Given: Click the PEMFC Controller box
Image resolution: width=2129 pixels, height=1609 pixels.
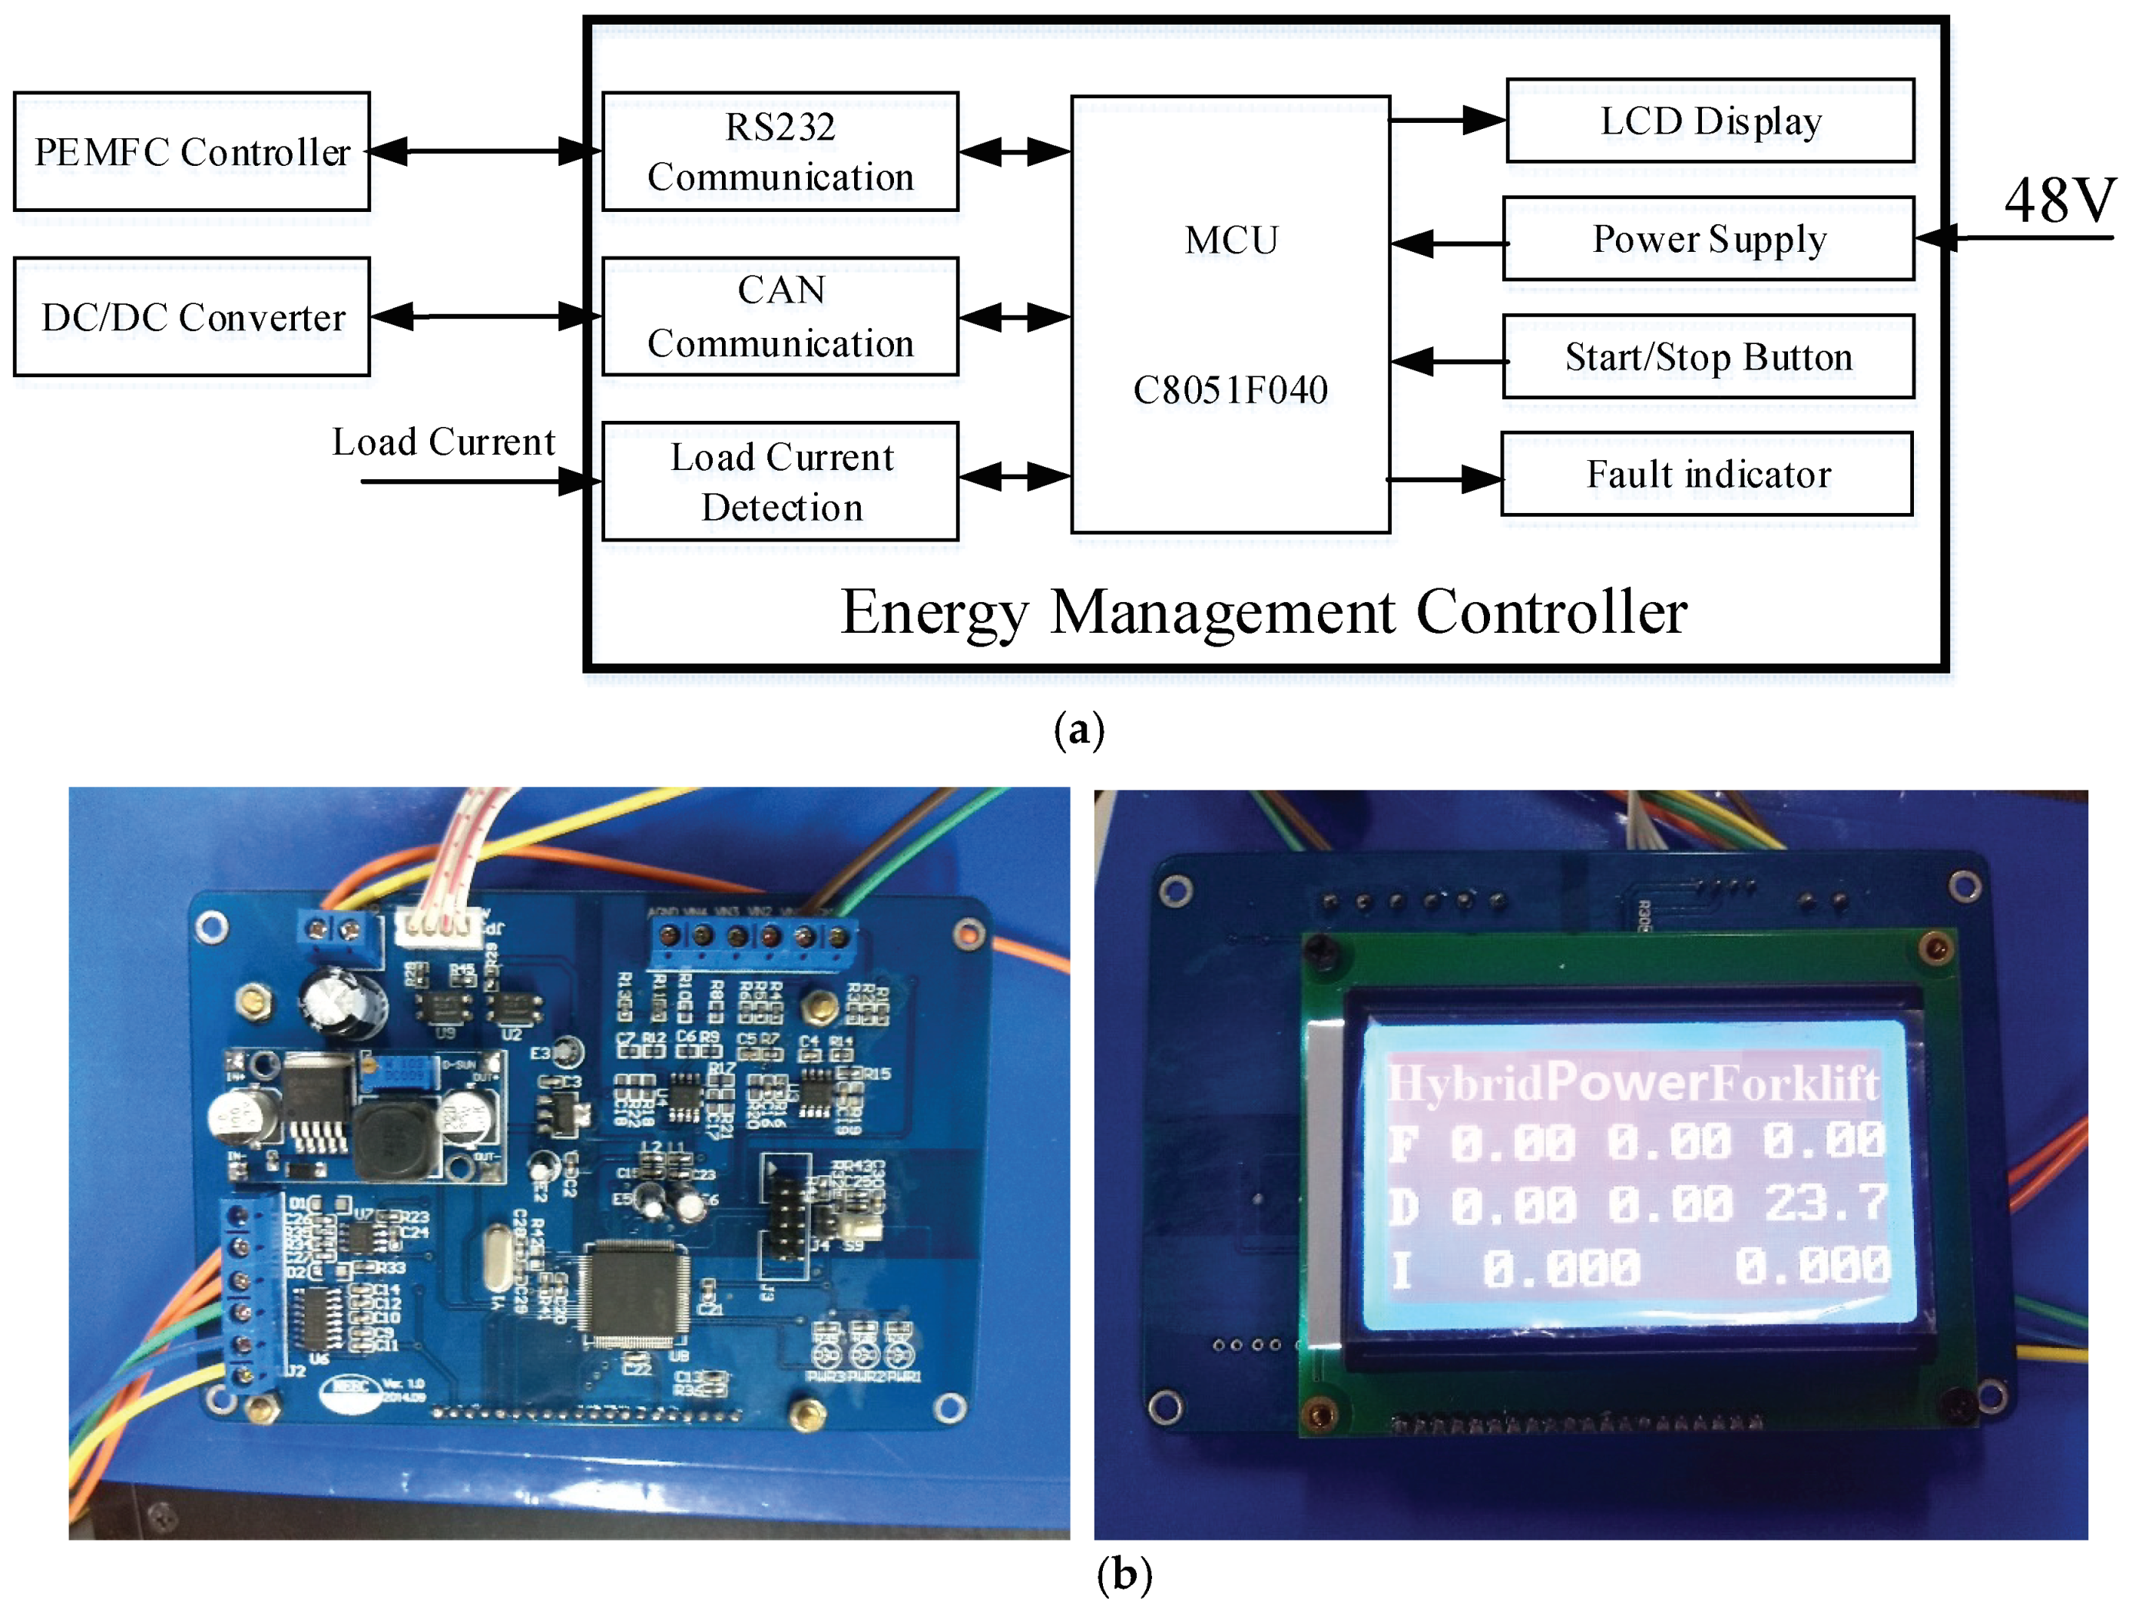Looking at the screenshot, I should (191, 151).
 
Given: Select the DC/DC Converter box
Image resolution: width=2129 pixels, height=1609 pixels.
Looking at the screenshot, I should (191, 316).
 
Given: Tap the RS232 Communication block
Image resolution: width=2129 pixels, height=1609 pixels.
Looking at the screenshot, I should (780, 151).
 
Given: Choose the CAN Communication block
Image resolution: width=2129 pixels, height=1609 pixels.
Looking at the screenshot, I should (780, 316).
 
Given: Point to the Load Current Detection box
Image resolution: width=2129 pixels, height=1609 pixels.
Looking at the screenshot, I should (780, 481).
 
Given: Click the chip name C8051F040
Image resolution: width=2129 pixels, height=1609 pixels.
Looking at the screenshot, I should (1230, 389).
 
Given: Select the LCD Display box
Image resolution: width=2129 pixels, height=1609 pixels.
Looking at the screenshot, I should (1710, 121).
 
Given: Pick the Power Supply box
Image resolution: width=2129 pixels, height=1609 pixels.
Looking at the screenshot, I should (1708, 239).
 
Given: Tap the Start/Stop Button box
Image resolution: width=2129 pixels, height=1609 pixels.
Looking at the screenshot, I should (1708, 357).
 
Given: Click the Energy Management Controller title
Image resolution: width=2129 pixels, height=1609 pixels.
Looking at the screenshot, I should (1263, 612).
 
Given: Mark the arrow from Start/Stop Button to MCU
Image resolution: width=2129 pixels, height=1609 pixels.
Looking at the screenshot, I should (1448, 362).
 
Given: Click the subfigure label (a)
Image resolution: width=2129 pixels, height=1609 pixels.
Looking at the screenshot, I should (1078, 730).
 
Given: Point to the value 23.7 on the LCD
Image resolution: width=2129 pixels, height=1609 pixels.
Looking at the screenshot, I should (1825, 1203).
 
